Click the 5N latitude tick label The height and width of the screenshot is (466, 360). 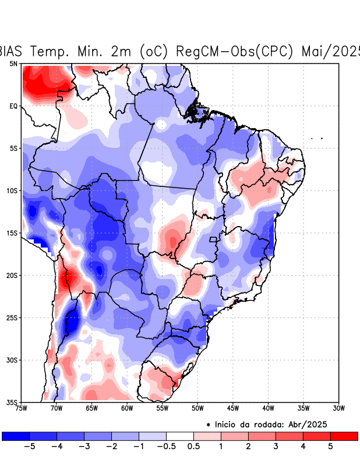[13, 63]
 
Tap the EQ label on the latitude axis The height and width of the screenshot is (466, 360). [13, 106]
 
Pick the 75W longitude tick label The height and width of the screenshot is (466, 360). [21, 408]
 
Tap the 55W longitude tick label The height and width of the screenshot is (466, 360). [163, 408]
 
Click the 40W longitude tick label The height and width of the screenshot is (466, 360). [269, 408]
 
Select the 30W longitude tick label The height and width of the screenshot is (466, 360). [339, 408]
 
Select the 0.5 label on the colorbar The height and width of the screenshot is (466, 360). [193, 446]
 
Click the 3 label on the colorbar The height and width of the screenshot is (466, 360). [276, 446]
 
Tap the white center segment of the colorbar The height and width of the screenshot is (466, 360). [180, 436]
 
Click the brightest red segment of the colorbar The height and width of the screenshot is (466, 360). [344, 436]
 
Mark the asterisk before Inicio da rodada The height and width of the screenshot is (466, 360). [209, 425]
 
